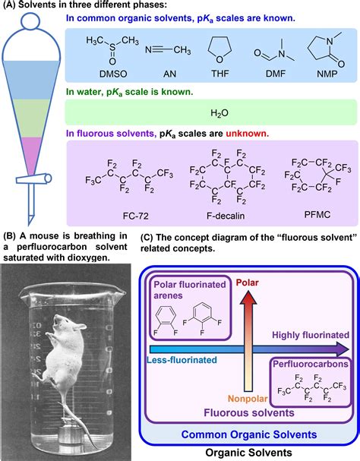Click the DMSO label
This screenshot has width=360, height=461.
click(113, 74)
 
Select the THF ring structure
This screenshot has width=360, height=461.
click(219, 49)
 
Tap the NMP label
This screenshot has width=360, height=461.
click(327, 74)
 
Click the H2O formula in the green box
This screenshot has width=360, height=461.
click(219, 113)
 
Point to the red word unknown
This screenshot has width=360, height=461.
click(247, 134)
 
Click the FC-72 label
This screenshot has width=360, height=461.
click(136, 216)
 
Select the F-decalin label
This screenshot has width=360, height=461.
click(226, 216)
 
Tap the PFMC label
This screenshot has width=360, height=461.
click(317, 215)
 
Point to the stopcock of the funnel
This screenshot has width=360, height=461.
click(34, 178)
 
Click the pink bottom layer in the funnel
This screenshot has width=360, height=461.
click(30, 153)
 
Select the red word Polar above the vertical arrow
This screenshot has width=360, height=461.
click(248, 283)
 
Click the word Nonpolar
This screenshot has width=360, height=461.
click(248, 399)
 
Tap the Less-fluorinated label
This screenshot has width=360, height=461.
click(182, 360)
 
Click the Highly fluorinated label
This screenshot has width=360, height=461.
click(311, 335)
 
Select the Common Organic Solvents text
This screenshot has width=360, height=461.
click(249, 434)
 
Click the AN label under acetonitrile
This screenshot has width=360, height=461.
click(169, 74)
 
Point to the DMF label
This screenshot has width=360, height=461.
click(276, 74)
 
